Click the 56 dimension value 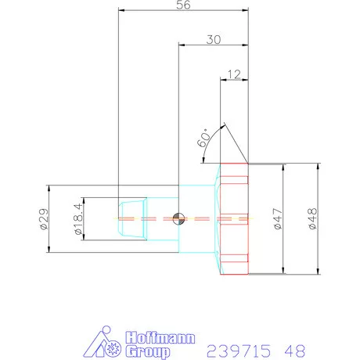pos(183,5)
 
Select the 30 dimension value pos(214,40)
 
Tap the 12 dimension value pos(234,74)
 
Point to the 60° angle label pos(203,138)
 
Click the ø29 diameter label pos(44,219)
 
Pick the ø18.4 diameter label pos(78,219)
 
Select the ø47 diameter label pos(278,219)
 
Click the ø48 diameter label pos(312,219)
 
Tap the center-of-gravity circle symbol pos(178,218)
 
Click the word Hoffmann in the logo pos(160,338)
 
